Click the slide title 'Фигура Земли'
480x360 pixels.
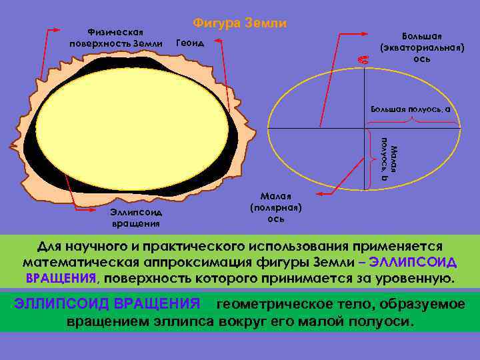[x=240, y=23]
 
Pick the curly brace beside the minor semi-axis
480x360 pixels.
[x=371, y=158]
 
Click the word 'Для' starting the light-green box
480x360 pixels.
[x=49, y=245]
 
